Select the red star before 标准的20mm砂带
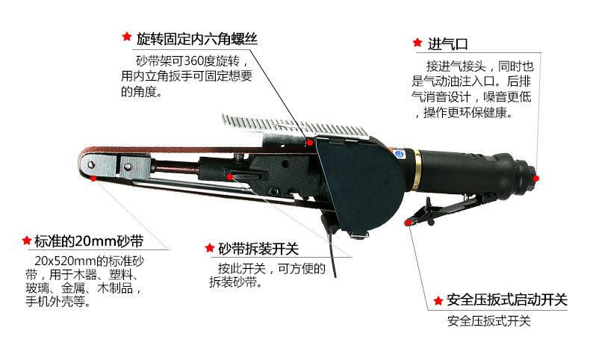coord(25,240)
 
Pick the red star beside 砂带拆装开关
coord(210,247)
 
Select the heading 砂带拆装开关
coord(258,248)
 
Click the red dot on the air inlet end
coord(536,177)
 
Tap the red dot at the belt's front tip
coord(93,178)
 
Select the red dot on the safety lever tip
coord(408,222)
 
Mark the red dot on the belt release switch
coord(230,177)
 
